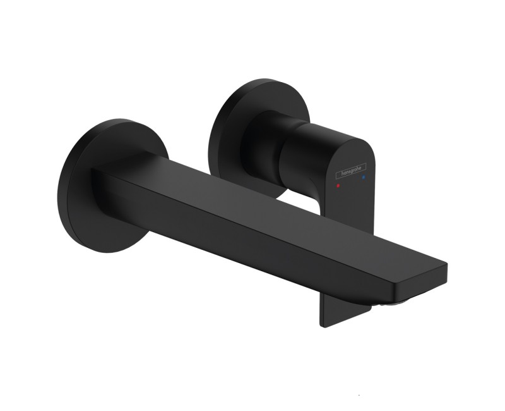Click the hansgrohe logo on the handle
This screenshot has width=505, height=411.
point(351,171)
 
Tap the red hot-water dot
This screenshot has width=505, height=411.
point(338,186)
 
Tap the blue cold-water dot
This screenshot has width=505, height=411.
point(364,177)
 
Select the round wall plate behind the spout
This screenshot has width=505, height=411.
point(113,185)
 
